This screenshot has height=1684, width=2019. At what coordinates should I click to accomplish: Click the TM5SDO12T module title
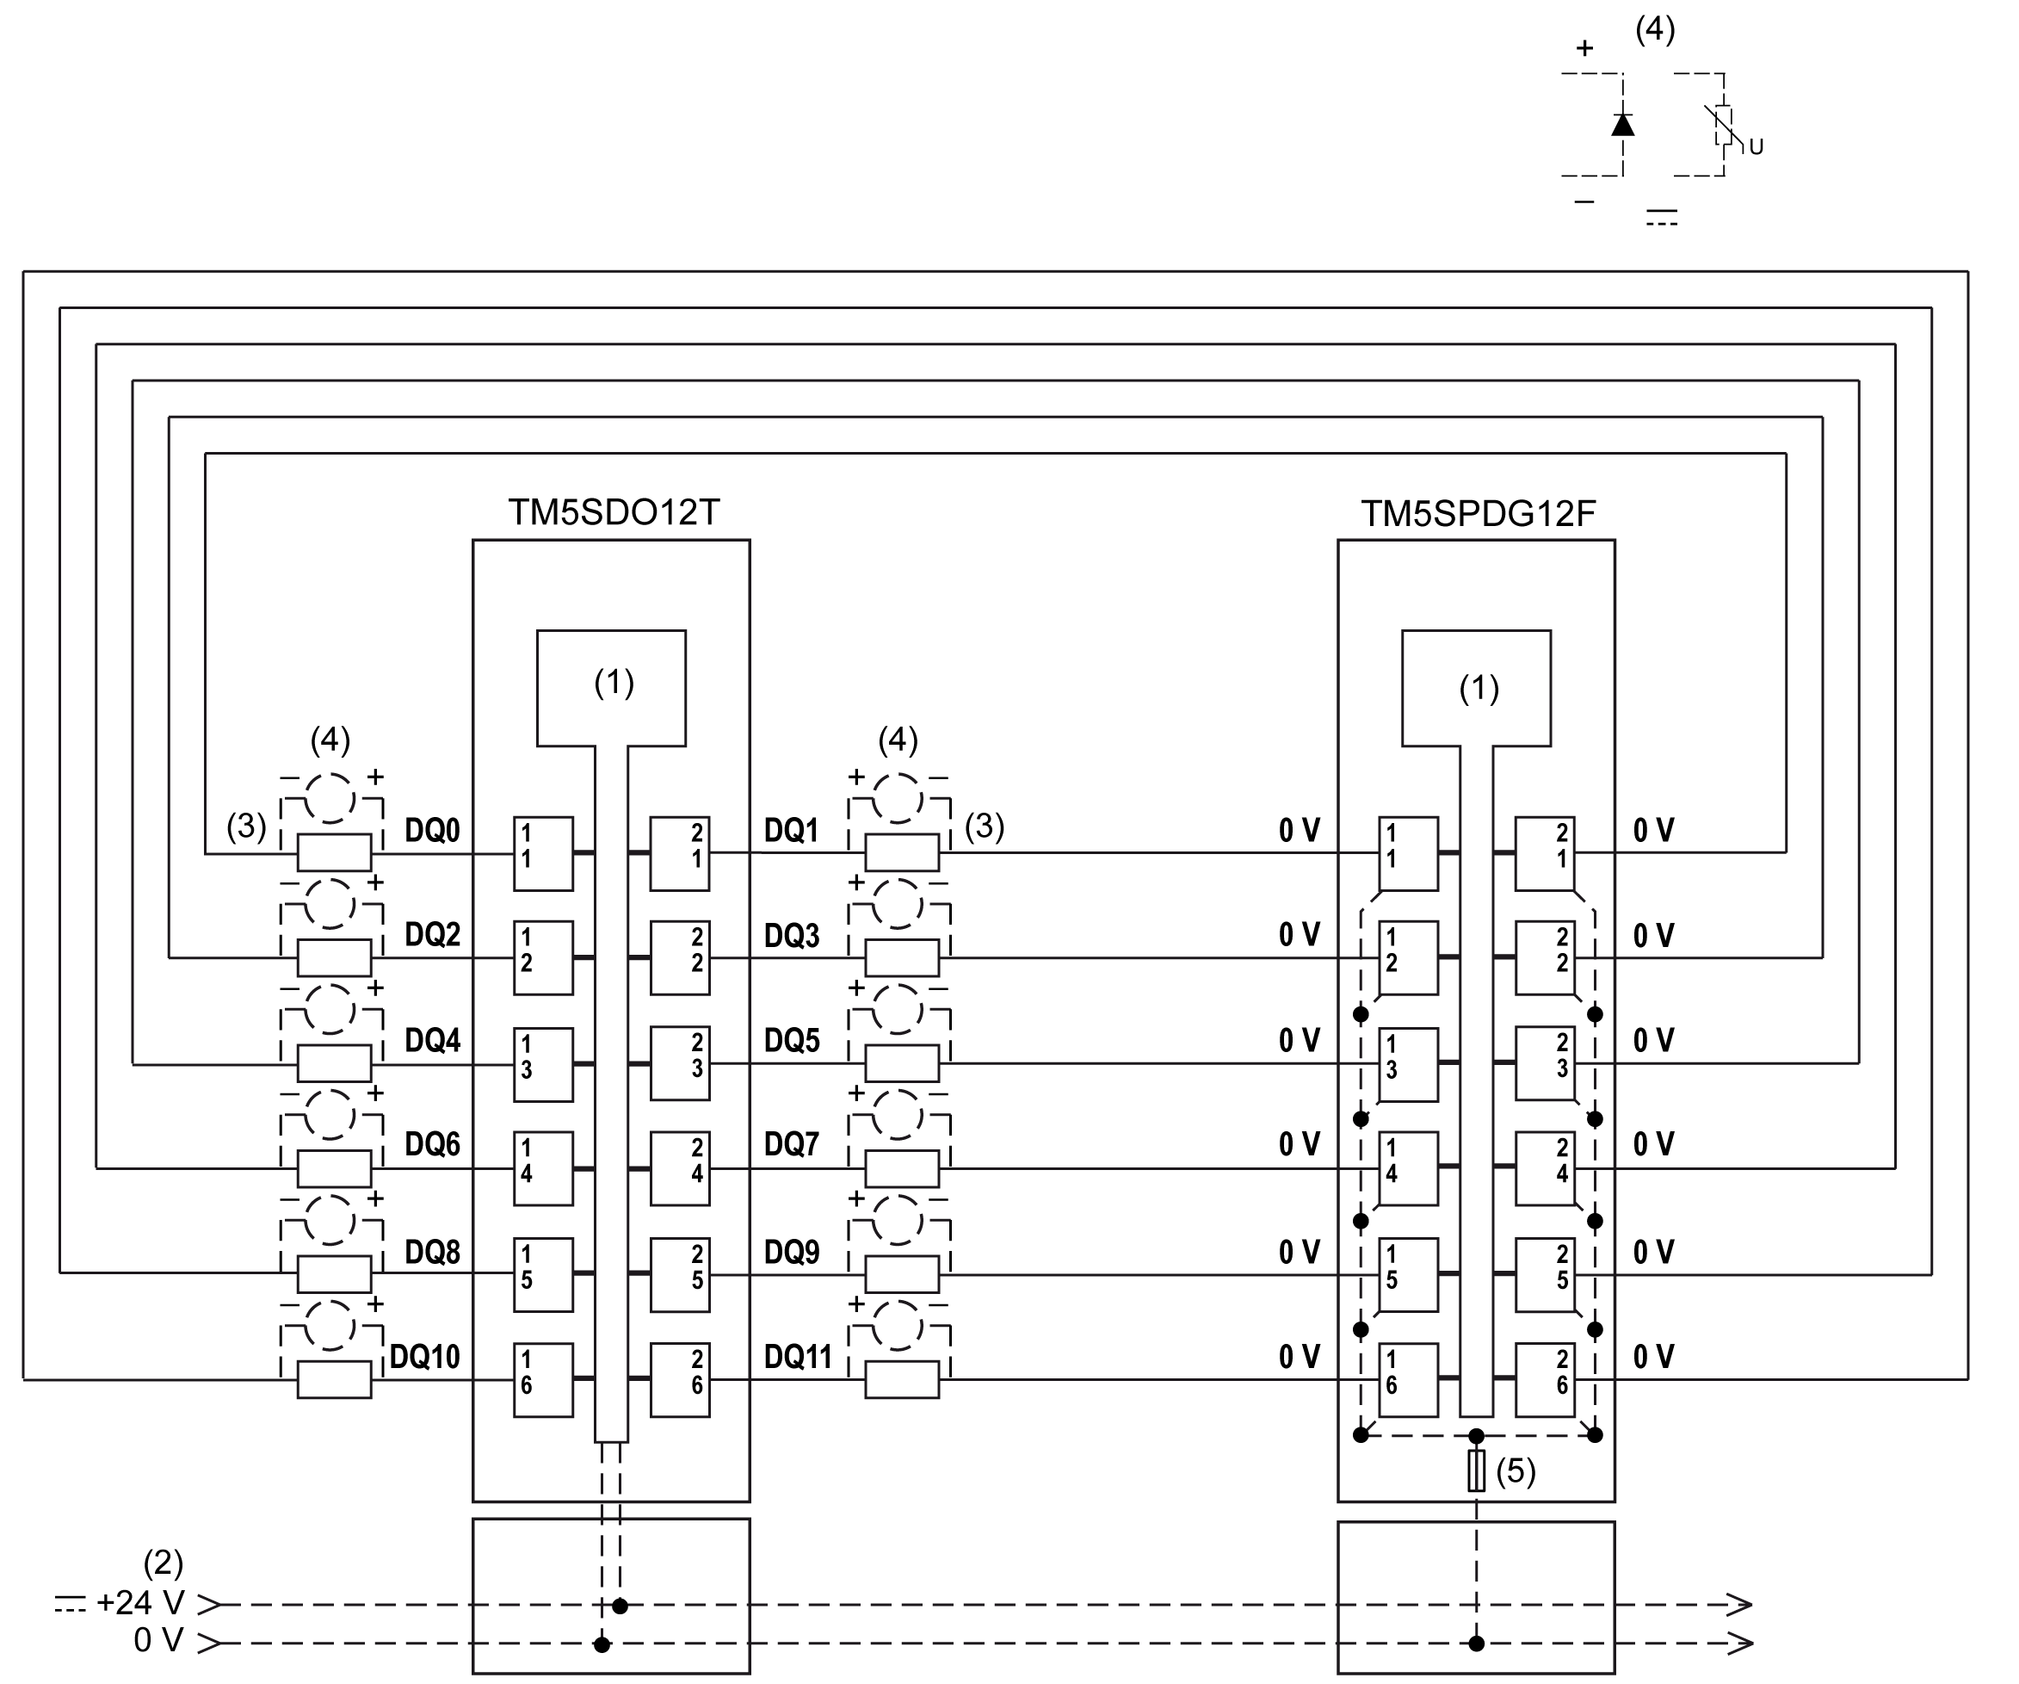pyautogui.click(x=614, y=512)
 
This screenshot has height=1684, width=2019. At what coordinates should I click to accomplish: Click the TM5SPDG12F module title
pyautogui.click(x=1478, y=515)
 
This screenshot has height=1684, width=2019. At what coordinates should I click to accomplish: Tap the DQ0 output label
pyautogui.click(x=432, y=831)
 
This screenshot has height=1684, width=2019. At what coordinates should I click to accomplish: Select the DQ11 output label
pyautogui.click(x=797, y=1357)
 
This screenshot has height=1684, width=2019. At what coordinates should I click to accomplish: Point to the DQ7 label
pyautogui.click(x=791, y=1144)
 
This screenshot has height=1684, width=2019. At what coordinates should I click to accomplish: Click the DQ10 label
pyautogui.click(x=424, y=1357)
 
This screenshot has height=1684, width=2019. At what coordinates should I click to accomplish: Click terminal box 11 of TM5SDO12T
pyautogui.click(x=543, y=854)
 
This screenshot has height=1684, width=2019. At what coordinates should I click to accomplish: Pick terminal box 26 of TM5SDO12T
pyautogui.click(x=680, y=1380)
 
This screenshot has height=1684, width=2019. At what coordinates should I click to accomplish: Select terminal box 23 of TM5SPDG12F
pyautogui.click(x=1545, y=1063)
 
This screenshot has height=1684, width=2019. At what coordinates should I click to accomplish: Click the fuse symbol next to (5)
pyautogui.click(x=1476, y=1471)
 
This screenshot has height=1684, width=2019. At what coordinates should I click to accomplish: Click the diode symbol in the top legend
pyautogui.click(x=1623, y=125)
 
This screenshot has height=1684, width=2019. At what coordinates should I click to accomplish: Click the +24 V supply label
pyautogui.click(x=140, y=1603)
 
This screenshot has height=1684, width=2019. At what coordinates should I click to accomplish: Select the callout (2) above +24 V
pyautogui.click(x=163, y=1563)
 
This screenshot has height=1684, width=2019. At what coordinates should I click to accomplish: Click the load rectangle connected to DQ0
pyautogui.click(x=334, y=853)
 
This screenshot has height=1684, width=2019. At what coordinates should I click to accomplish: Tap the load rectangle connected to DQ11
pyautogui.click(x=902, y=1380)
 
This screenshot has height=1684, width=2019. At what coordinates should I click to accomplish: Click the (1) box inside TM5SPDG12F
pyautogui.click(x=1476, y=689)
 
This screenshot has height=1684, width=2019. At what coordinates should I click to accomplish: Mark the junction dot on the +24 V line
pyautogui.click(x=621, y=1607)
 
